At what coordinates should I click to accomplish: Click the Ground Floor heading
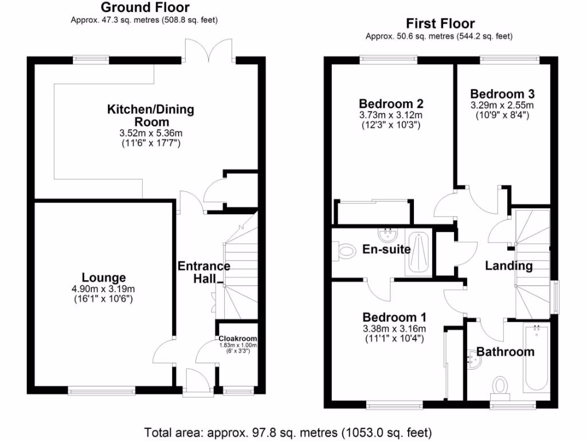pos(144,7)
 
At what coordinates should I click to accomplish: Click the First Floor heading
pos(440,24)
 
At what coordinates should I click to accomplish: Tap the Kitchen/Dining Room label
pos(151,115)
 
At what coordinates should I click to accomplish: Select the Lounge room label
pos(103,278)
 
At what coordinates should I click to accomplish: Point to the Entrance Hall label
pos(204,272)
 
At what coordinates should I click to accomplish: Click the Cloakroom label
pos(237,339)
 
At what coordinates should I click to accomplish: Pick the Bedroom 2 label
pos(391,104)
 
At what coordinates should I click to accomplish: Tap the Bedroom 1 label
pos(394,317)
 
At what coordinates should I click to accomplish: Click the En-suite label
pos(386,249)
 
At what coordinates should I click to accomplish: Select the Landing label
pos(508,266)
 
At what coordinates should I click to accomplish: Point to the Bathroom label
pos(505,351)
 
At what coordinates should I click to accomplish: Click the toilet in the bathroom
pos(500,385)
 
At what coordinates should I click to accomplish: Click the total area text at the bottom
pos(288,432)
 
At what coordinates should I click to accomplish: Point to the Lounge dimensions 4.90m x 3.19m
pos(103,289)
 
